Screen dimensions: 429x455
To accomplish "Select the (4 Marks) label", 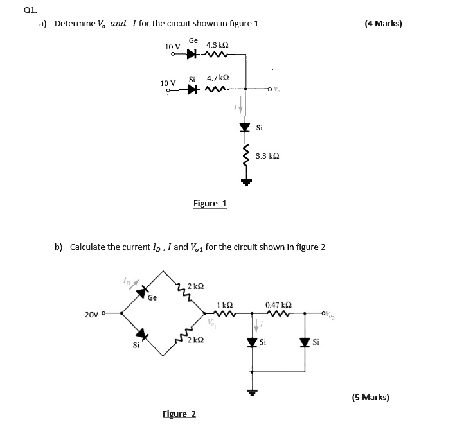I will point(383,24).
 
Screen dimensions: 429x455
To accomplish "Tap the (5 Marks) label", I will point(370,397).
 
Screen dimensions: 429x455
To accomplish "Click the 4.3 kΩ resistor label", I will point(217,46).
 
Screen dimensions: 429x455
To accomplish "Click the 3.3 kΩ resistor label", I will point(267,156).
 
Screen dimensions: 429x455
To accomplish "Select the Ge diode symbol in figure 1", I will point(191,55).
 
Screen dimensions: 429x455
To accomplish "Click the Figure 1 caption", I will point(210,204).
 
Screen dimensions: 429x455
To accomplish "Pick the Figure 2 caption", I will point(179,414).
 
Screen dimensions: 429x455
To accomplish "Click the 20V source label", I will point(93,315).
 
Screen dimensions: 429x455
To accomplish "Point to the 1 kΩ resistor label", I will point(224,304).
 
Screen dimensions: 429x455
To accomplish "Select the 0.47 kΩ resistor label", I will point(278,304).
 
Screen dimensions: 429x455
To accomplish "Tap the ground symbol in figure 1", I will point(245,182).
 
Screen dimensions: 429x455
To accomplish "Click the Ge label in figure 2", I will point(152,298).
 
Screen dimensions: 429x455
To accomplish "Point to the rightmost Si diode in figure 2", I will point(305,342).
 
